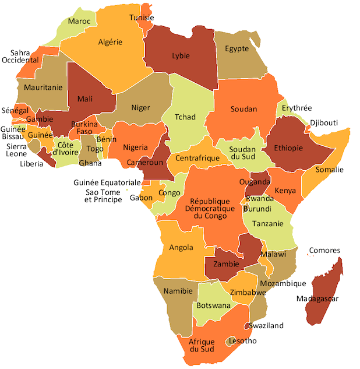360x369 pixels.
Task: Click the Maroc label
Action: tap(79, 22)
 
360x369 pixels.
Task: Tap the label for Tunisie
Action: tap(142, 17)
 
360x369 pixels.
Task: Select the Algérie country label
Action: tap(110, 42)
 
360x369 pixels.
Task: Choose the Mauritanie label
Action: tap(43, 87)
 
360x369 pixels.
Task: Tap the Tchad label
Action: tap(185, 117)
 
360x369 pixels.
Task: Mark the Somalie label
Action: tap(330, 170)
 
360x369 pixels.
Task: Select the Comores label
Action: tap(324, 251)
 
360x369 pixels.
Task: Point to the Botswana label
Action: tap(213, 305)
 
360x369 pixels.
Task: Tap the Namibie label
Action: tap(178, 290)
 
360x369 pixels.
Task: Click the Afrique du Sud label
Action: tap(202, 345)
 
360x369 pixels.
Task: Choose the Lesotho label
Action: tap(242, 340)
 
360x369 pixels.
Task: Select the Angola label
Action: tap(181, 247)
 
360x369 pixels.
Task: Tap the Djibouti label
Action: tap(324, 123)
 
